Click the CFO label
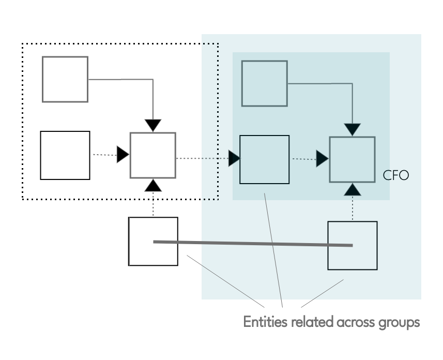click(395, 175)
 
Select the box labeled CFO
click(353, 159)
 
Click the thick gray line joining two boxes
click(253, 243)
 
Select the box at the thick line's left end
click(153, 241)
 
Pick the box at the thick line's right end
click(353, 245)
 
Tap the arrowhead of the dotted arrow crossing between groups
click(235, 158)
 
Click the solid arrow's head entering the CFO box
click(353, 129)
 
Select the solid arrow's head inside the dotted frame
click(153, 125)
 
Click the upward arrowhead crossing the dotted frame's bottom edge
click(153, 185)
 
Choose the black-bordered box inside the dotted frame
click(65, 155)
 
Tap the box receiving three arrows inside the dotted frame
click(153, 155)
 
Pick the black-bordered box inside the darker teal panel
click(264, 159)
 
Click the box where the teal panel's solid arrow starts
click(264, 83)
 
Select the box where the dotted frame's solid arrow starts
click(65, 79)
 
